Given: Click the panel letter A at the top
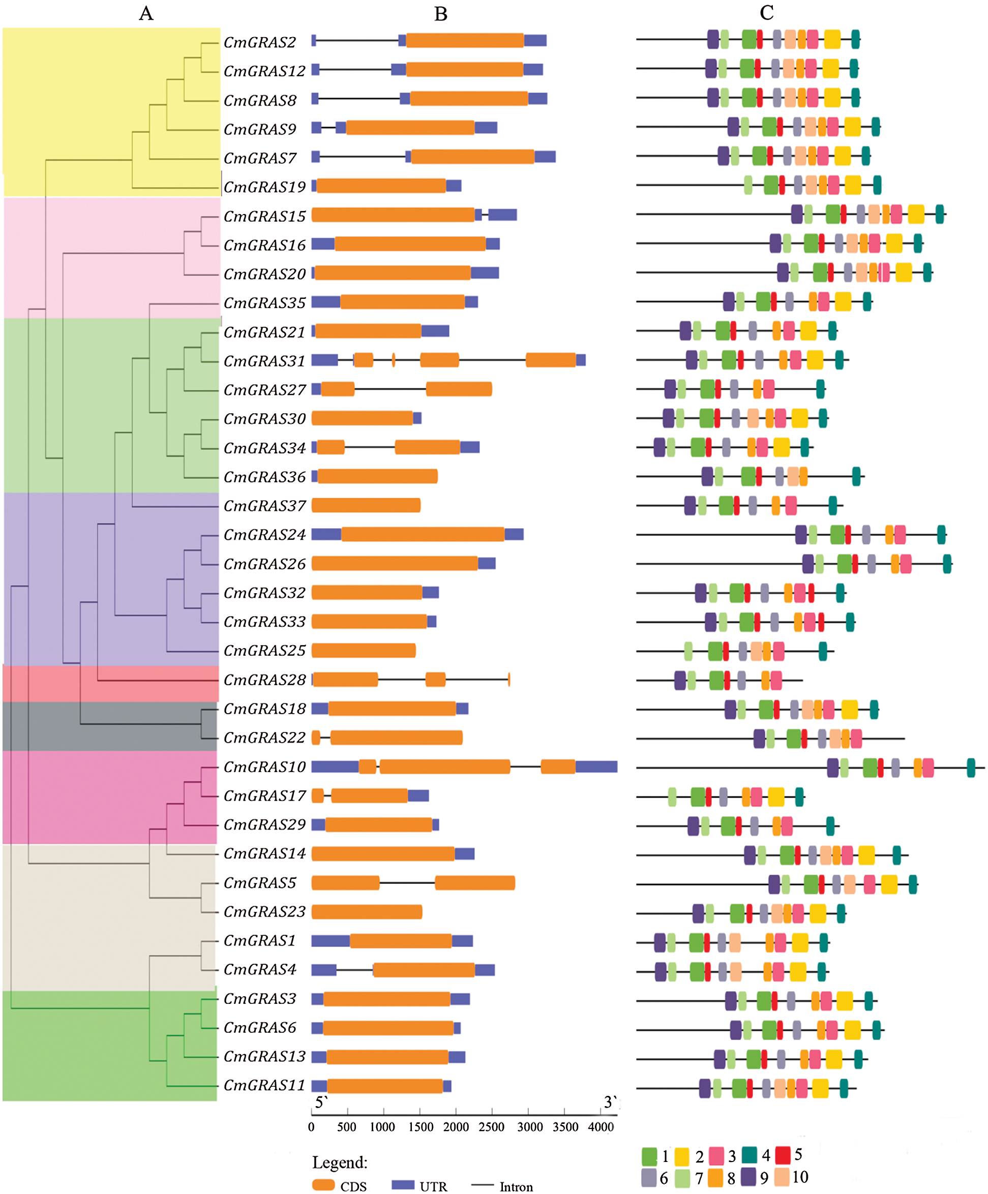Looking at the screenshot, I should click(146, 13).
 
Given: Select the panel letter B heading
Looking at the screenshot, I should click(440, 14).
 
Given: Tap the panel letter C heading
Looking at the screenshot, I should click(766, 13).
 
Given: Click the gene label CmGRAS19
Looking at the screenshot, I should click(264, 187).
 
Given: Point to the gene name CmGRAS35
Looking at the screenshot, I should click(264, 303).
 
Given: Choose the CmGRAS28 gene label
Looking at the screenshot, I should click(264, 680).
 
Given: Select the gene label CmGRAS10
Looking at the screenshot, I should click(264, 767).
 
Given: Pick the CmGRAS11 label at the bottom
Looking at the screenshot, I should click(264, 1085).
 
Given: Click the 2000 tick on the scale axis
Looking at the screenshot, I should click(456, 1127).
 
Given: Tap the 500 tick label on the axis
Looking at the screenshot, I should click(346, 1127).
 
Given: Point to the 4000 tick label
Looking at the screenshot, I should click(601, 1127).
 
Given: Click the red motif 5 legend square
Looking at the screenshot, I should click(783, 1155).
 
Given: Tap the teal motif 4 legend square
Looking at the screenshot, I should click(749, 1155).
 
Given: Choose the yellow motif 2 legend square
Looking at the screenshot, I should click(681, 1156).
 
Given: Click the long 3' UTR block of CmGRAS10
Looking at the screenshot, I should click(596, 767).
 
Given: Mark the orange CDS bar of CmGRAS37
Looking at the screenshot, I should click(366, 505).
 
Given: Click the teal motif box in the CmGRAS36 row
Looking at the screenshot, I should click(856, 476).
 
